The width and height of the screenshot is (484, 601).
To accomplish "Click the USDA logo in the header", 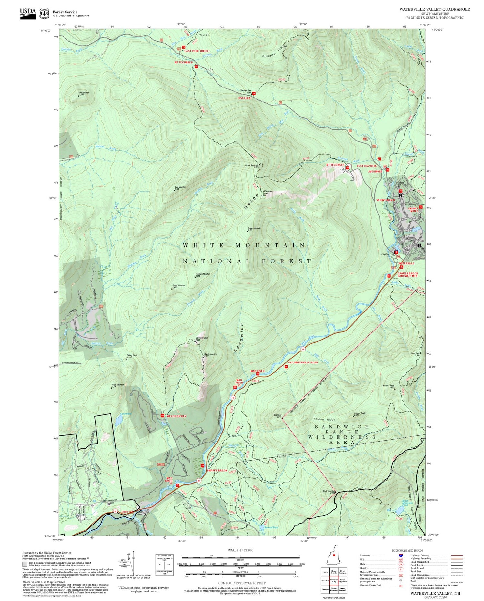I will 28,13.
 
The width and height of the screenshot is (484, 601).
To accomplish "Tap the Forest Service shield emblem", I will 44,14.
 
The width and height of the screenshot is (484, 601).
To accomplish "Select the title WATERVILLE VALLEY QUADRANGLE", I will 435,9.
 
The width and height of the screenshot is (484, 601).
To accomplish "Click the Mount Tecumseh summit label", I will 252,166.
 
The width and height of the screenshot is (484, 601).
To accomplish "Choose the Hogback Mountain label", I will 203,275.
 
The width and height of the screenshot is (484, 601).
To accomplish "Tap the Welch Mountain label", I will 210,355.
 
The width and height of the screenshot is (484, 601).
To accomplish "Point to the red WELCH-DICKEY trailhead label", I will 176,416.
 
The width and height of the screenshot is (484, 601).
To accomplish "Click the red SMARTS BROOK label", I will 217,470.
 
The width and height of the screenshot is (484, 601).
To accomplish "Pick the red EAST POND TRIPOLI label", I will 197,51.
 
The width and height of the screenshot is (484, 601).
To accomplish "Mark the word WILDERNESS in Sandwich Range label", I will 342,437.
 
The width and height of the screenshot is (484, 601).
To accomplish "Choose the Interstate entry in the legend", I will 365,555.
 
